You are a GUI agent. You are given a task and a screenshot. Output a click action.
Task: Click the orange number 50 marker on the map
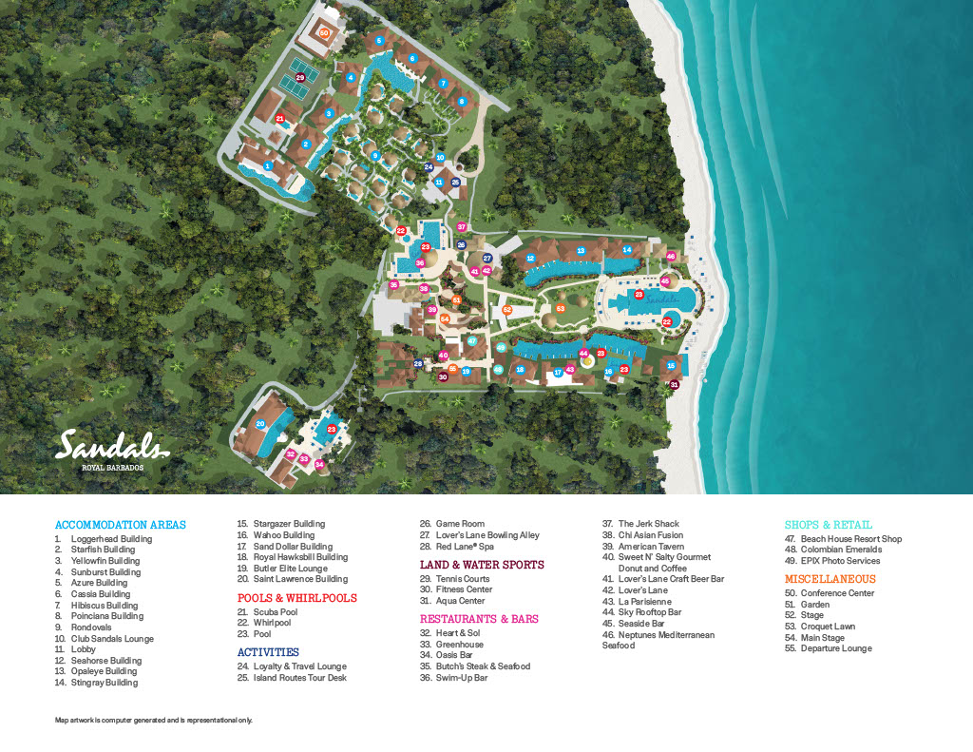[x=324, y=32]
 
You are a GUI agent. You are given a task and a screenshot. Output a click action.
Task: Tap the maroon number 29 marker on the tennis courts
[x=301, y=78]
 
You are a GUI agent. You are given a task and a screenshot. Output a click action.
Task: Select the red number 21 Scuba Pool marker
[x=280, y=119]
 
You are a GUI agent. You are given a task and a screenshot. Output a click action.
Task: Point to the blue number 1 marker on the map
[x=268, y=165]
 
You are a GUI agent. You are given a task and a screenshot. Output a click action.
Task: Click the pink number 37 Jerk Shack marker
[x=462, y=226]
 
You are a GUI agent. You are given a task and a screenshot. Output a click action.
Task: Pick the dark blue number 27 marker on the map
[x=487, y=258]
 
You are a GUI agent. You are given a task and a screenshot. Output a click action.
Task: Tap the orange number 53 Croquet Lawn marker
[x=561, y=308]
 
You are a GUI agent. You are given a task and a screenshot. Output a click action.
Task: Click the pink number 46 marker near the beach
[x=671, y=256]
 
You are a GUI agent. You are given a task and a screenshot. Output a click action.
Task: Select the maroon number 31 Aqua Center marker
[x=675, y=384]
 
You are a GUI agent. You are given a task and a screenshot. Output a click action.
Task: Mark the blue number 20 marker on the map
[x=260, y=424]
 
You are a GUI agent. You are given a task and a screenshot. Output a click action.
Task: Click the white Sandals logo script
[x=112, y=445]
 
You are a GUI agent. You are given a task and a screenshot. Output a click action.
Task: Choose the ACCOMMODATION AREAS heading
[x=121, y=525]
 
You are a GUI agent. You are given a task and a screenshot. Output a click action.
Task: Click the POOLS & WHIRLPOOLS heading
[x=296, y=598]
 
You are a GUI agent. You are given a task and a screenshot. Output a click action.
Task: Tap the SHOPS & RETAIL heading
[x=828, y=525]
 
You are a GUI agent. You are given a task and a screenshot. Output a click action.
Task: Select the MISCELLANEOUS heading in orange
[x=830, y=579]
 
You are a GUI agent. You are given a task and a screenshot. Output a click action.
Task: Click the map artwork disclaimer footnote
[x=154, y=721]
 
